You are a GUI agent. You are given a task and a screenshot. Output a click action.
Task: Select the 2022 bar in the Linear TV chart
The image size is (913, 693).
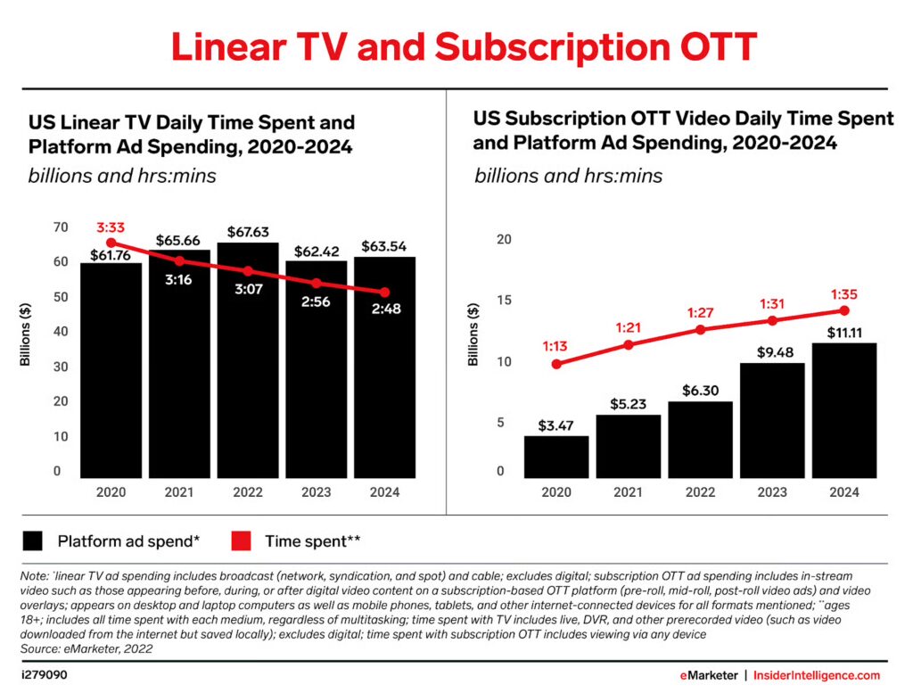249,375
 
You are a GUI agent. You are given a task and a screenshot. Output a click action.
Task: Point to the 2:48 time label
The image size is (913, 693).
383,309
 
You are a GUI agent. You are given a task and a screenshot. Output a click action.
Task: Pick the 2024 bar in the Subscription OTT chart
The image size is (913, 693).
843,410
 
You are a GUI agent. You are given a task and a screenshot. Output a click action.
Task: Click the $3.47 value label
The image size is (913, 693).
555,425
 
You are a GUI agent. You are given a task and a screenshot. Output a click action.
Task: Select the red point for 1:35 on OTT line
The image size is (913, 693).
843,310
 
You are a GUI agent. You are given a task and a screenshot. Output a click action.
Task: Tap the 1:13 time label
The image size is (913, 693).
555,345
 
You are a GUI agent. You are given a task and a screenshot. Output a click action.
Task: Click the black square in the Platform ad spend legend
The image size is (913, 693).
34,540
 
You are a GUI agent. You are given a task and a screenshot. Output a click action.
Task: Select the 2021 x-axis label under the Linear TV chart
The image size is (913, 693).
180,492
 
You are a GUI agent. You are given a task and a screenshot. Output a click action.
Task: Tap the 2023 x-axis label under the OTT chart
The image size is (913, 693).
771,492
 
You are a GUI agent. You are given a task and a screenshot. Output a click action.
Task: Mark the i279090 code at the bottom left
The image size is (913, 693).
44,675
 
